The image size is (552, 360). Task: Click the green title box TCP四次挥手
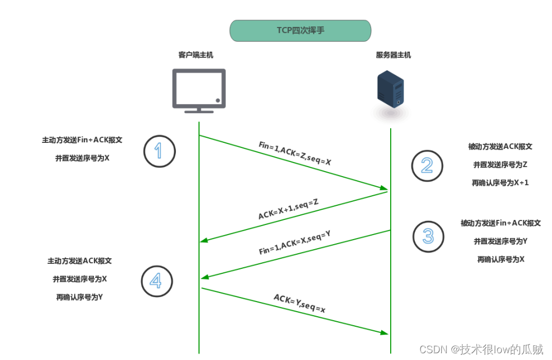[x=300, y=31]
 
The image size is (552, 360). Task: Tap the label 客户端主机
[x=196, y=55]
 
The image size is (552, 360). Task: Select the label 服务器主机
[x=393, y=55]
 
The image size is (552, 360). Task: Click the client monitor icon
[x=198, y=89]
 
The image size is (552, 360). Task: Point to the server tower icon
[x=390, y=90]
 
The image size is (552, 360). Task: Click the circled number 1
[x=160, y=150]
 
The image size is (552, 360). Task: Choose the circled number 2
[x=427, y=165]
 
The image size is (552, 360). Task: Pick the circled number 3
[x=428, y=236]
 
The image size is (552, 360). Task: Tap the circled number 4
[x=157, y=281]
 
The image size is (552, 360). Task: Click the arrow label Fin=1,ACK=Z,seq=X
[x=295, y=154]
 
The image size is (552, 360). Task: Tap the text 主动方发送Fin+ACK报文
[x=82, y=140]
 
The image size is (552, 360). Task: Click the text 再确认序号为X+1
[x=500, y=183]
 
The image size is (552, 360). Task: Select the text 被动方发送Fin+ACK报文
[x=500, y=223]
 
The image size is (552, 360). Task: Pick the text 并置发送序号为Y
[x=500, y=241]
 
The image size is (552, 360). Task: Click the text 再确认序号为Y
[x=79, y=297]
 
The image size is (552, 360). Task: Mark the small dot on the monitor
[x=218, y=100]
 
